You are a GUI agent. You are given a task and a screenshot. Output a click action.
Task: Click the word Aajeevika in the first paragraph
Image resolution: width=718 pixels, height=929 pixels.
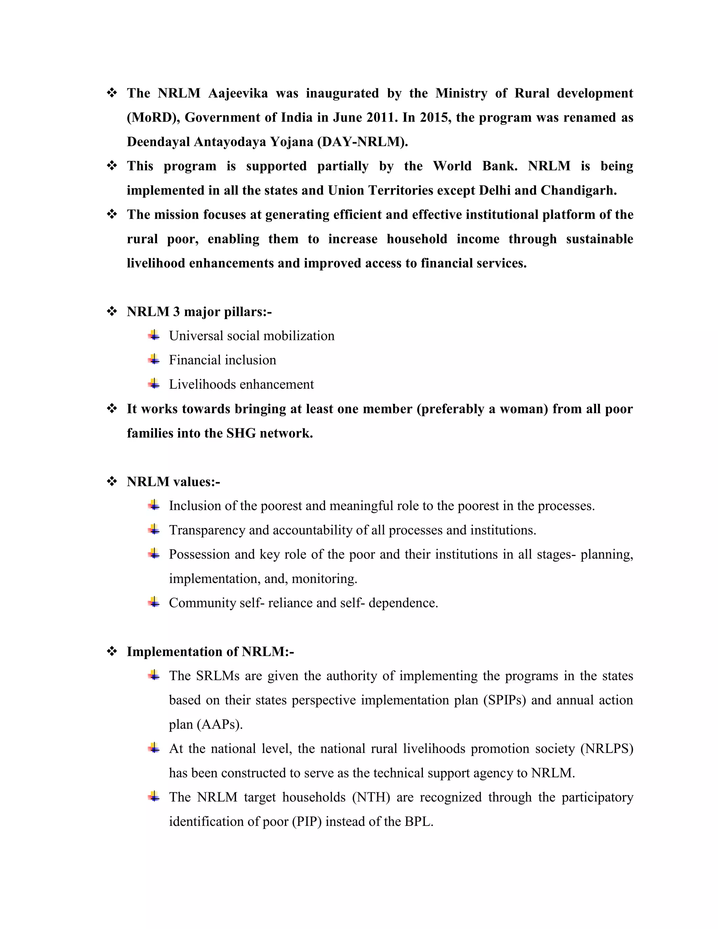(x=238, y=93)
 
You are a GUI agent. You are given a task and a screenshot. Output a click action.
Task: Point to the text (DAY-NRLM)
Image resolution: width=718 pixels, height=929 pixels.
(x=363, y=142)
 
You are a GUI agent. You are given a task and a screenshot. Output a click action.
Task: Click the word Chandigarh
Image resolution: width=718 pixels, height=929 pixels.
(x=578, y=190)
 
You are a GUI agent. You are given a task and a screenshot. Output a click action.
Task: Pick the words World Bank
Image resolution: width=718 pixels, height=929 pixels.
(x=475, y=166)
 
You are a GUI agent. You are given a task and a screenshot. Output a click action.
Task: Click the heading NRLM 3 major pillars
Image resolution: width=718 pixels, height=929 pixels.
(x=199, y=312)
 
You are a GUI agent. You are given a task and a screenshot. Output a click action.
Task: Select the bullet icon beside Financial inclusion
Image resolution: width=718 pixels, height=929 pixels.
(x=154, y=360)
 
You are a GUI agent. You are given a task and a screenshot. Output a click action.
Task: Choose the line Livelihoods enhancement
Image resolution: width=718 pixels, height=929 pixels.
(x=241, y=385)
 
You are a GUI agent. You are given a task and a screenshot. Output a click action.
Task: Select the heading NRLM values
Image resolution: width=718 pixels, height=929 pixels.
(x=173, y=482)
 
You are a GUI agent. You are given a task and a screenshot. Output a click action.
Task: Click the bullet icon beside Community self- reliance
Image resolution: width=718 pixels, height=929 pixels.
(x=154, y=603)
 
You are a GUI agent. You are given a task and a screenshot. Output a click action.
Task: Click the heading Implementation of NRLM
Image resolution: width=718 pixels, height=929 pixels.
(x=210, y=652)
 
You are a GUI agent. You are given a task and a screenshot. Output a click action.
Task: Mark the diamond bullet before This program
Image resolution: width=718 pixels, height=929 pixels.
(x=112, y=166)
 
